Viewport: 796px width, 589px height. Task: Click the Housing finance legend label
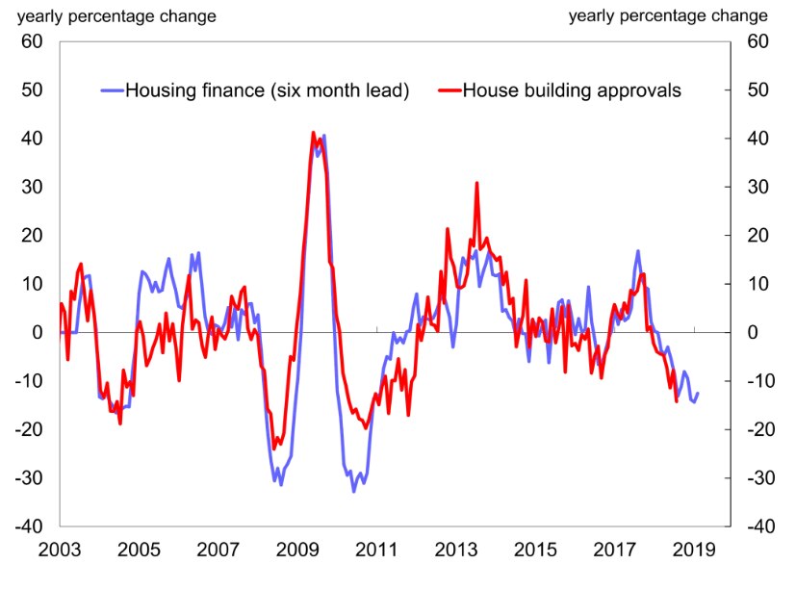point(268,90)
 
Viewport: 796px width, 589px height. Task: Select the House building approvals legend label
point(572,90)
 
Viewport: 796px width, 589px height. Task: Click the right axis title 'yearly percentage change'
point(668,15)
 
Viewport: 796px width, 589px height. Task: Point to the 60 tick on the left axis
point(34,41)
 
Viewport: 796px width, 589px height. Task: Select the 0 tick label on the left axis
point(39,332)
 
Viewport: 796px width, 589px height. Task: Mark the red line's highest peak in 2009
point(313,133)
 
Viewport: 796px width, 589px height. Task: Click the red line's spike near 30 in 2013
point(476,183)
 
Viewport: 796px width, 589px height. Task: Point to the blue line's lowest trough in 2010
point(353,491)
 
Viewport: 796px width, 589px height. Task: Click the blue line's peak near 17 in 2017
point(637,251)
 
